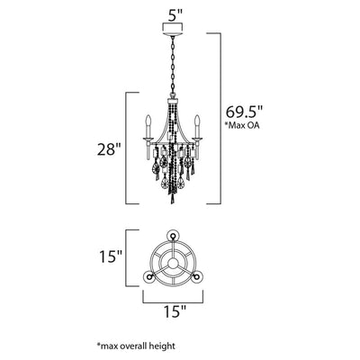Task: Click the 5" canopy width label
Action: pos(175,15)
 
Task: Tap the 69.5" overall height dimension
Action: pos(244,112)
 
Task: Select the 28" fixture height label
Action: pos(109,149)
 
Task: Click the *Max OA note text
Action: pos(242,125)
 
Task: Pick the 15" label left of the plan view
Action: pos(111,256)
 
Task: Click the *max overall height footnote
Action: pos(136,346)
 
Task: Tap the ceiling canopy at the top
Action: pos(173,29)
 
